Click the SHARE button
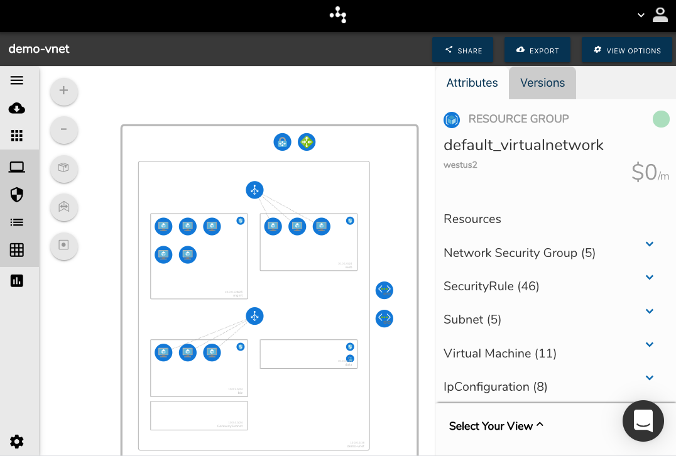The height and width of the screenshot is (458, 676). (463, 50)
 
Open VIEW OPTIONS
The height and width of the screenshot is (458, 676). (627, 50)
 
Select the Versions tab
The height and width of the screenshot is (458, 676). (542, 83)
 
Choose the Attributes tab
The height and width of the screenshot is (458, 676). (472, 83)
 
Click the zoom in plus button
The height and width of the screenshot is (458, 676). (63, 90)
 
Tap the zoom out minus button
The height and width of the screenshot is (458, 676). (63, 129)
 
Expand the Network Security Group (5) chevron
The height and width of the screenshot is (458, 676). (650, 244)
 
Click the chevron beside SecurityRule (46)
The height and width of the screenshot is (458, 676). (650, 277)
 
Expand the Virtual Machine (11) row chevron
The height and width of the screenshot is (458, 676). (650, 344)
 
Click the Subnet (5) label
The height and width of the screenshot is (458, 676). (472, 320)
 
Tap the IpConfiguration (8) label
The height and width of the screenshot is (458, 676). (495, 387)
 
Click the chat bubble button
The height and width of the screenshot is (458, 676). (643, 421)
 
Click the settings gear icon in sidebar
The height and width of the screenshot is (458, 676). (17, 442)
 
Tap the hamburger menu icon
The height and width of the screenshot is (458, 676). (17, 80)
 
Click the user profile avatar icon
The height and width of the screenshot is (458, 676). (660, 15)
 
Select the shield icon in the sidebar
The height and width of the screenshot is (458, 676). (17, 195)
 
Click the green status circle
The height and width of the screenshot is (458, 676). (661, 119)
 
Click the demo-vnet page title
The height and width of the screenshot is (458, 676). (39, 49)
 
